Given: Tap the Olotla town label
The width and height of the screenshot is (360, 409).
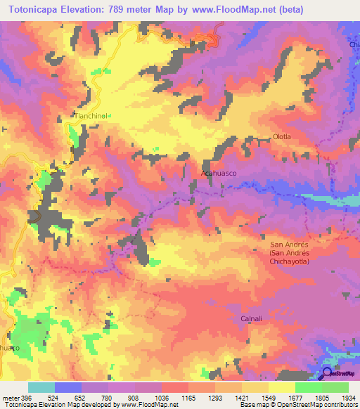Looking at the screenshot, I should [281, 136].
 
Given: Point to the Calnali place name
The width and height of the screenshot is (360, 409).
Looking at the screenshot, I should [251, 318].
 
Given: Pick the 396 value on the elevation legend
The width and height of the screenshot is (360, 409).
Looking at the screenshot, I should [27, 398].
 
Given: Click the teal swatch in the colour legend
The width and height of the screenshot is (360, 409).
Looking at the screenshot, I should [41, 387].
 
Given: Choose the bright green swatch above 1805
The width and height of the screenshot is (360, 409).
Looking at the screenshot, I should [308, 387].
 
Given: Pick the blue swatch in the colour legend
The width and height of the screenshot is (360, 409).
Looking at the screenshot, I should [67, 387].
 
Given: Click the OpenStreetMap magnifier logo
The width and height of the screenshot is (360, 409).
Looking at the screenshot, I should [327, 375].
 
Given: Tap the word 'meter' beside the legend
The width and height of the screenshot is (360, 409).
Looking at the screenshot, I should [10, 398].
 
